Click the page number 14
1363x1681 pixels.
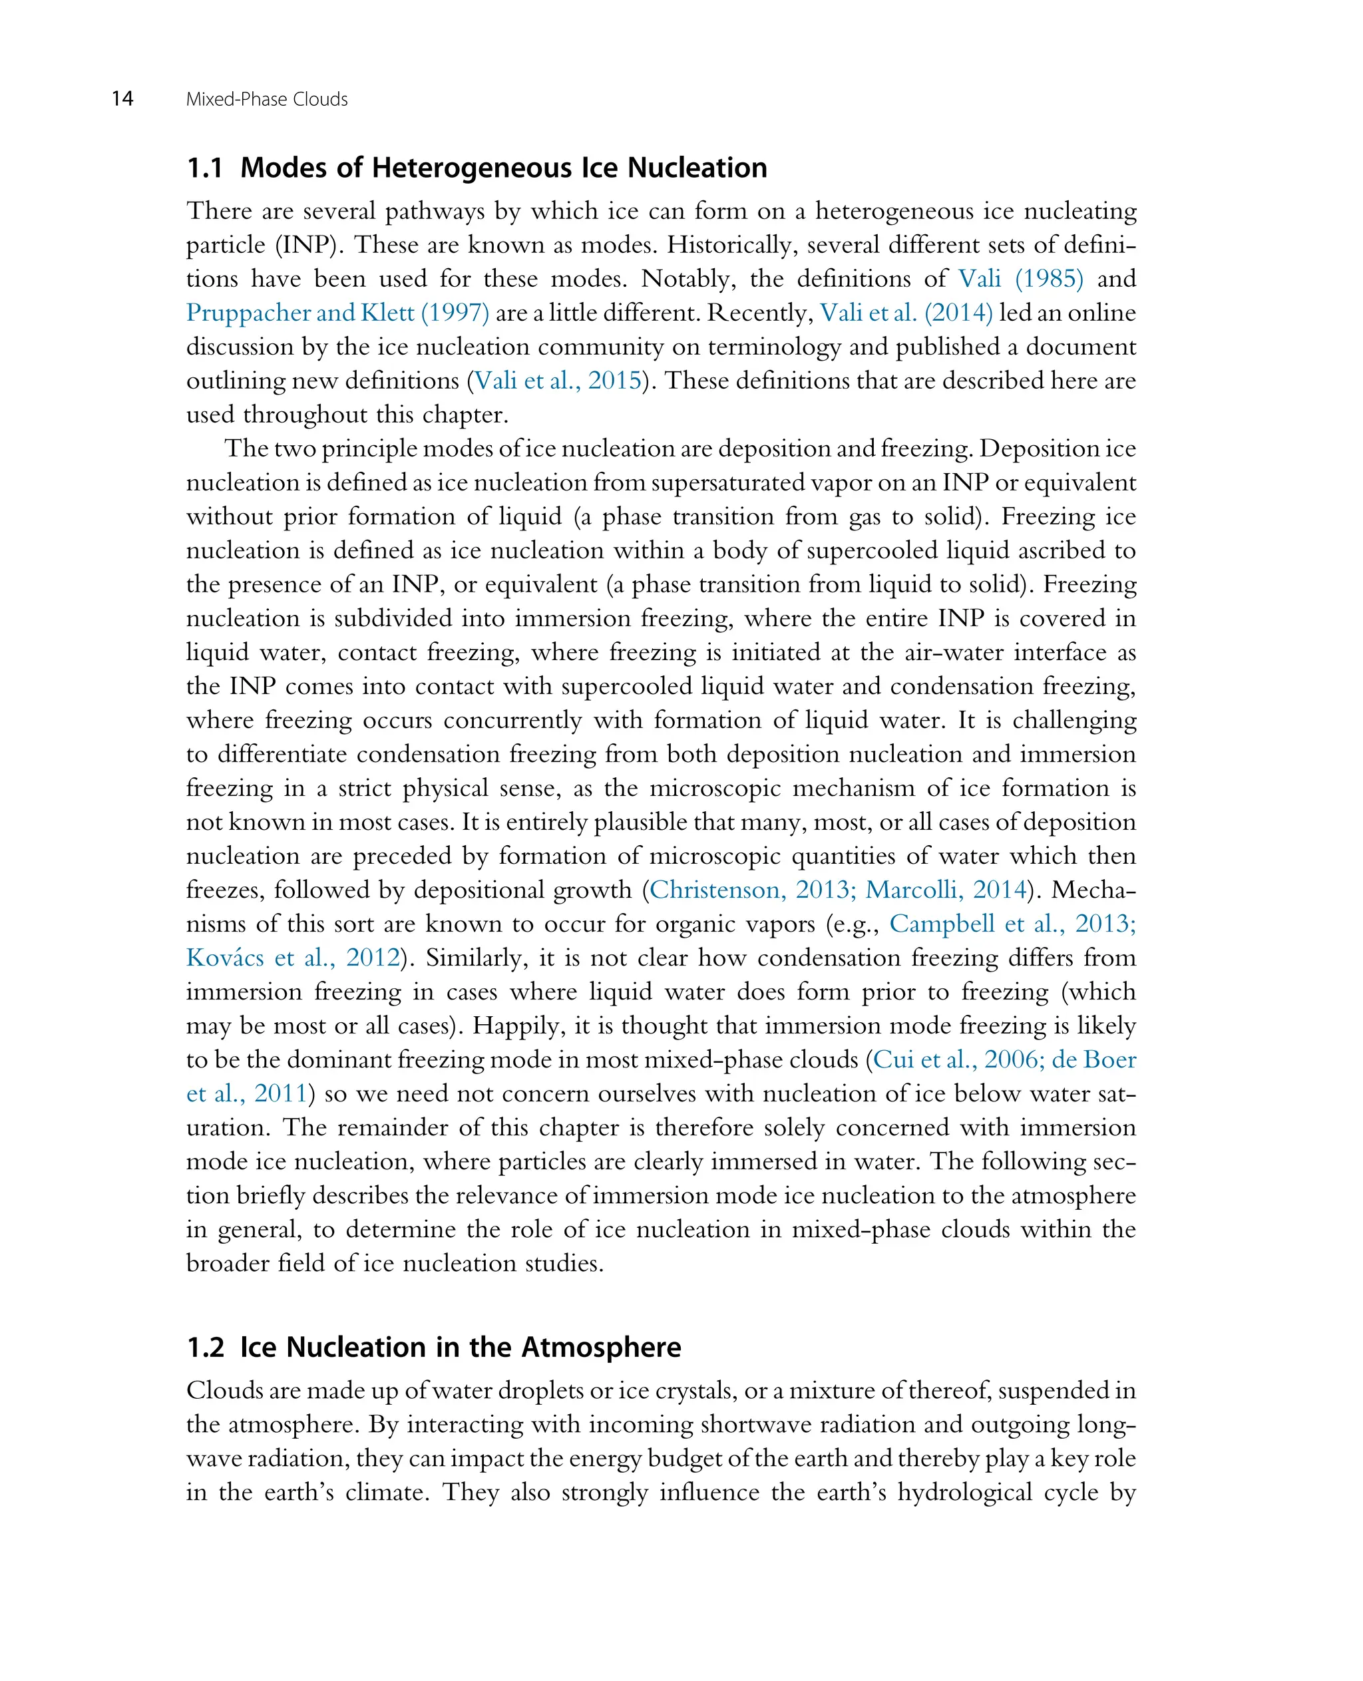[122, 99]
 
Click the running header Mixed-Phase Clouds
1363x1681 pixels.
[266, 100]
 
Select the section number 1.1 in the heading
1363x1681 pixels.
[204, 168]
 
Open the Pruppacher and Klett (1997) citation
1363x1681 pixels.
[337, 313]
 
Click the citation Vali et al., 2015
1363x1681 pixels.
[558, 381]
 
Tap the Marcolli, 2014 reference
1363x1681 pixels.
[945, 890]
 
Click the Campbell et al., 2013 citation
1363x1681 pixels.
[1010, 923]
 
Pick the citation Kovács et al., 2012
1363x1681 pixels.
[293, 958]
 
